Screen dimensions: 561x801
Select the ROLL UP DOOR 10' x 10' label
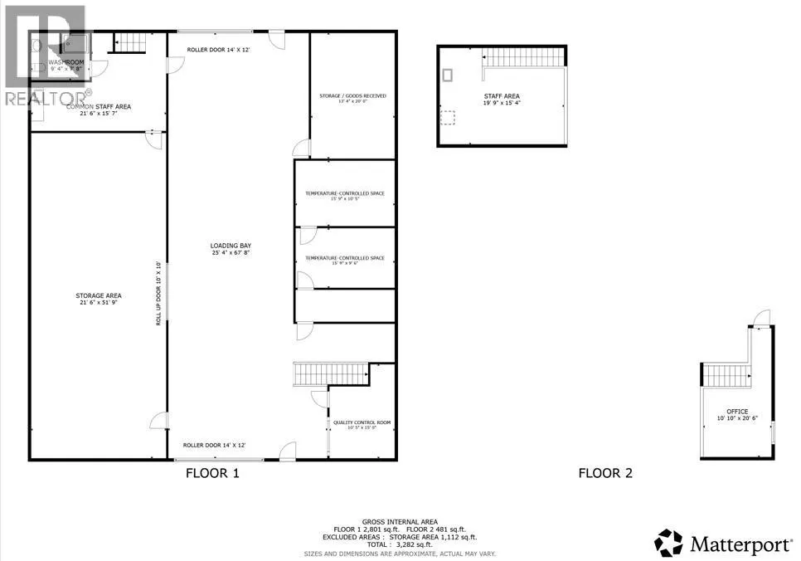coord(158,293)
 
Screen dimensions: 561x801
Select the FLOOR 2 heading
coord(605,473)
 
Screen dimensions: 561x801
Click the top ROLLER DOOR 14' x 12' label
coord(215,50)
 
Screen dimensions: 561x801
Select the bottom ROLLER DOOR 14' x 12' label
coord(214,446)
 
